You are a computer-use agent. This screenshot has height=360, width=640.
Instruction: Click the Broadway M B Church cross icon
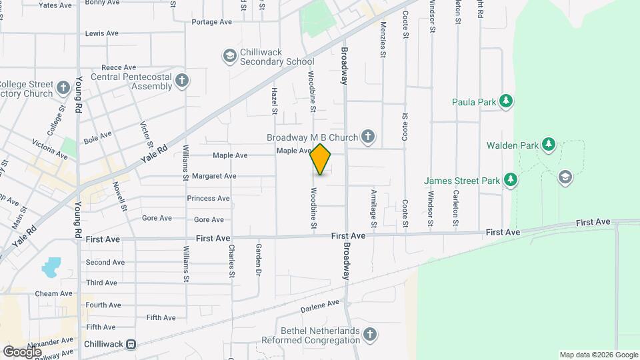[x=367, y=137]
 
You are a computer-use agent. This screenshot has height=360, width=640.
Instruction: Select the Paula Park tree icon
[x=507, y=101]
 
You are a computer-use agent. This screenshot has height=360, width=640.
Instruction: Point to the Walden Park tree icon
[x=548, y=144]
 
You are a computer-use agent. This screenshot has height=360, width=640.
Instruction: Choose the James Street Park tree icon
[x=510, y=179]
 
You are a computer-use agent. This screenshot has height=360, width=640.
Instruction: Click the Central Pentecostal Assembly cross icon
[x=183, y=81]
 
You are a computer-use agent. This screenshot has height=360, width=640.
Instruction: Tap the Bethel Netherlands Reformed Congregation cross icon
[x=371, y=333]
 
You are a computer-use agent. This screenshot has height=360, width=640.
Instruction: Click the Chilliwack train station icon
[x=132, y=344]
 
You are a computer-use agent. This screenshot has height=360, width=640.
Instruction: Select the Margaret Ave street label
[x=214, y=177]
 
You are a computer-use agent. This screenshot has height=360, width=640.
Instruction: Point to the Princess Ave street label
[x=208, y=198]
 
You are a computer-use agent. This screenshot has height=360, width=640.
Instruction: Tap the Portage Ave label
[x=211, y=22]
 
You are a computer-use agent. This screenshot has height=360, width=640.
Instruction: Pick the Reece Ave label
[x=119, y=67]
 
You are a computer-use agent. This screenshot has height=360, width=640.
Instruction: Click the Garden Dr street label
[x=257, y=259]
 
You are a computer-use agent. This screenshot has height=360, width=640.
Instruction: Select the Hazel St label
[x=274, y=98]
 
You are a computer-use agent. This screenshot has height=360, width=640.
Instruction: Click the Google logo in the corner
[x=22, y=351]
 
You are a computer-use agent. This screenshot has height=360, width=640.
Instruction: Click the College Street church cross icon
[x=63, y=88]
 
